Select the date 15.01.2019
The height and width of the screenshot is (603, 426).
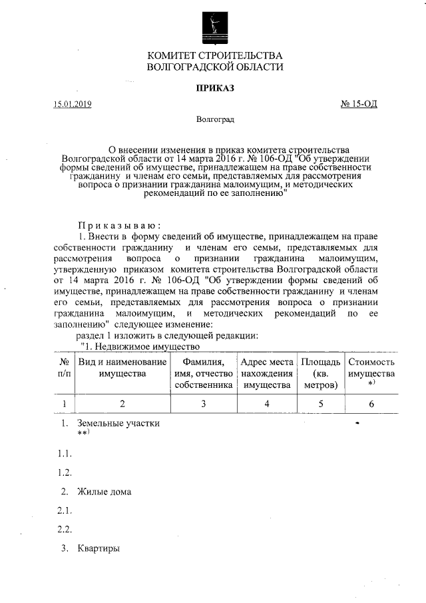click(73, 104)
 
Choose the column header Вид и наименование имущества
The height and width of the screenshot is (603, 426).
click(122, 368)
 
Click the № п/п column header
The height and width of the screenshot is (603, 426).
click(65, 368)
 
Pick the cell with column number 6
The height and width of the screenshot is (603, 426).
click(371, 403)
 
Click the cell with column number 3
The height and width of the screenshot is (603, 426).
click(203, 403)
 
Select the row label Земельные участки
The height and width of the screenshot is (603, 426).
click(118, 423)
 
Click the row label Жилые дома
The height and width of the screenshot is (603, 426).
click(104, 492)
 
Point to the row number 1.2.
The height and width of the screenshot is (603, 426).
click(64, 472)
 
